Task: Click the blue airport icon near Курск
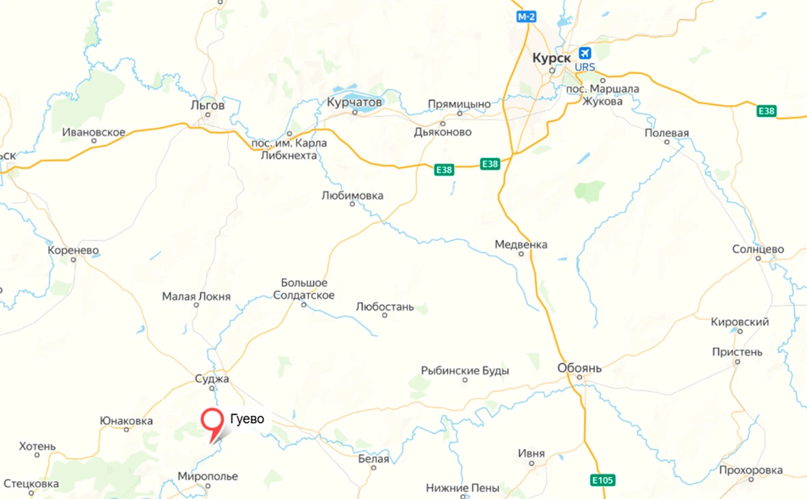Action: (x=585, y=53)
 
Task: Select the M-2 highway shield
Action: (x=525, y=16)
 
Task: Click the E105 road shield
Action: (x=603, y=481)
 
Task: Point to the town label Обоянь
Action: (x=579, y=368)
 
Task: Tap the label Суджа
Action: (x=212, y=379)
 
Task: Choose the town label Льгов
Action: (x=208, y=105)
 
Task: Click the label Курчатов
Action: (x=355, y=102)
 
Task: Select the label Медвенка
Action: (x=521, y=245)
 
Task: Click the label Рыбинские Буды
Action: (x=465, y=370)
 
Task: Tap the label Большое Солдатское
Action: (x=304, y=289)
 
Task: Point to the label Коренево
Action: (x=73, y=251)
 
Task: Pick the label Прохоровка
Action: (x=750, y=470)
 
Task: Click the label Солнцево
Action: (x=758, y=249)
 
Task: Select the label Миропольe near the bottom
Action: (x=208, y=476)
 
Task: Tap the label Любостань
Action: (x=385, y=307)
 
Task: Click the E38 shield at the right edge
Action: (x=767, y=111)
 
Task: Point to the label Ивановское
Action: (x=94, y=132)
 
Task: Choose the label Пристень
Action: (x=737, y=352)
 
